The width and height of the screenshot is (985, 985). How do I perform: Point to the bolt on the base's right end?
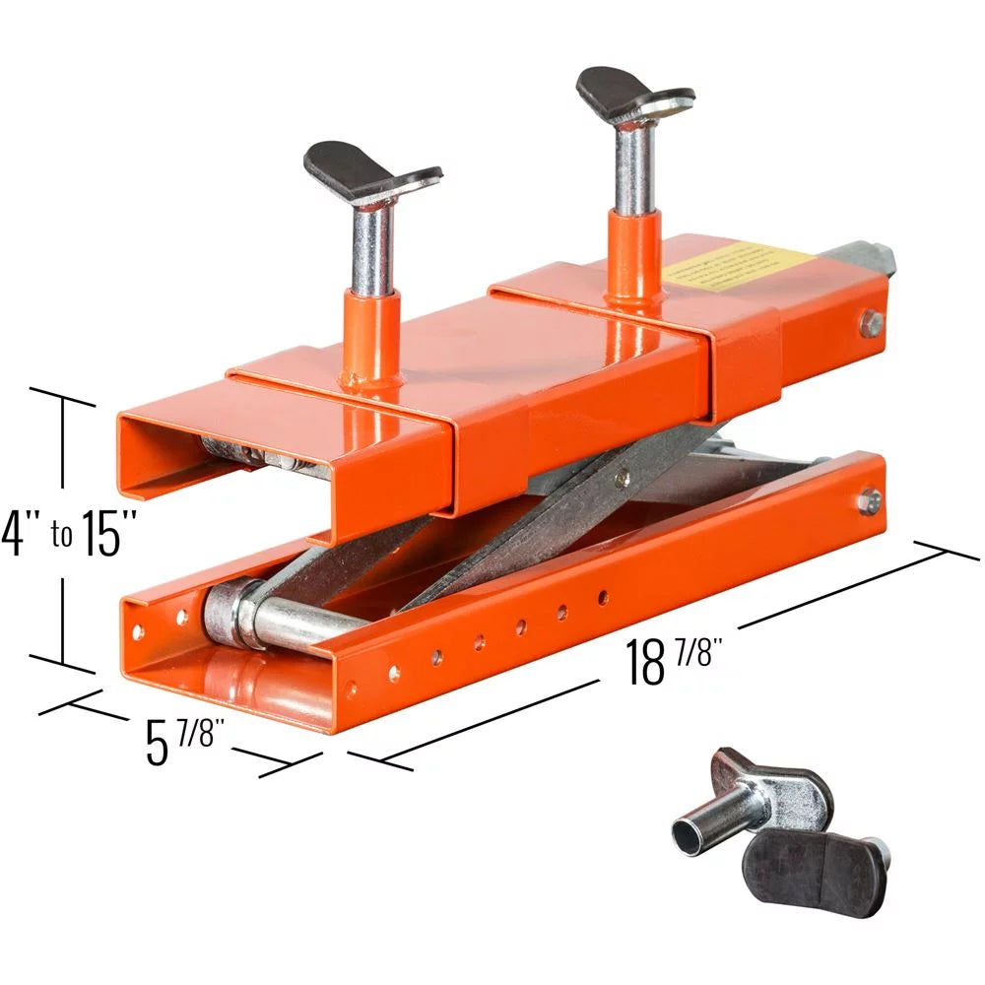click(x=867, y=500)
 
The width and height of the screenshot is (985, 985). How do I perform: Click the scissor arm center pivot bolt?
click(x=622, y=480)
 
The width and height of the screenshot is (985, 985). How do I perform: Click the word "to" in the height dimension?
click(x=60, y=537)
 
